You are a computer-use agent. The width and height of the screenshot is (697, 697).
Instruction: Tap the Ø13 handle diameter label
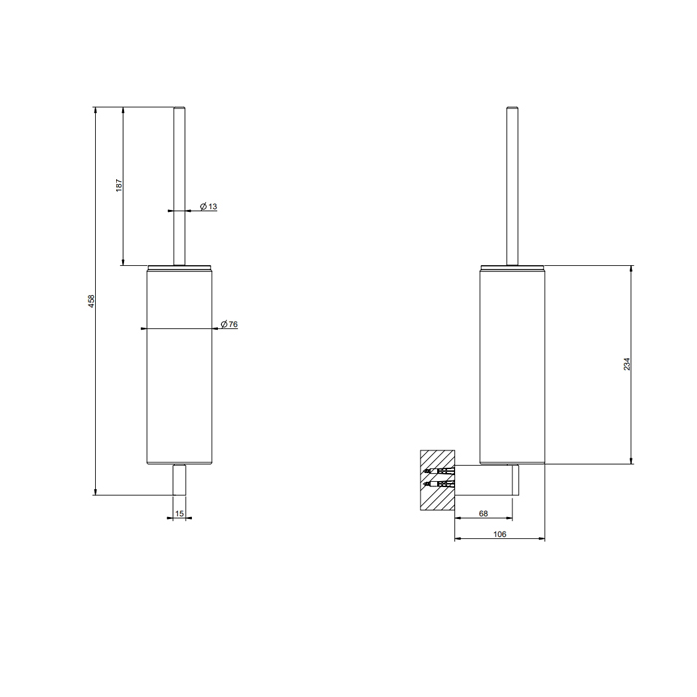click(x=208, y=207)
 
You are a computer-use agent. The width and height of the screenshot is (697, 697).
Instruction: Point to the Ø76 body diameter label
click(x=228, y=325)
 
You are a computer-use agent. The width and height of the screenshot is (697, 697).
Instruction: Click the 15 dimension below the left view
click(x=179, y=513)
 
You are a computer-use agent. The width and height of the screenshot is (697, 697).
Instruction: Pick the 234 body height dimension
click(x=627, y=364)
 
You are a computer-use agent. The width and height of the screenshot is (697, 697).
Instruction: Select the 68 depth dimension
click(x=483, y=513)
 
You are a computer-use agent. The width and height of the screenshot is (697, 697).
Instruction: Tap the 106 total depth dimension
click(x=500, y=535)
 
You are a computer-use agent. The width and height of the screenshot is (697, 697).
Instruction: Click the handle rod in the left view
click(x=180, y=184)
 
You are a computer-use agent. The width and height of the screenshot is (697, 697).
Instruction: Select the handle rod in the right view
click(x=512, y=184)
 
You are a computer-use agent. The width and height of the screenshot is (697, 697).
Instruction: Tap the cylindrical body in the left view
click(x=180, y=368)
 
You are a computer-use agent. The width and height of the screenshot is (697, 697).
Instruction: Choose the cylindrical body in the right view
click(x=512, y=368)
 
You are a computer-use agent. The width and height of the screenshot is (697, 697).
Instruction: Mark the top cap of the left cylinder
click(x=180, y=267)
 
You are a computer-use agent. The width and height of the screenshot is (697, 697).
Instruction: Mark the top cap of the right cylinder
click(x=512, y=267)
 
